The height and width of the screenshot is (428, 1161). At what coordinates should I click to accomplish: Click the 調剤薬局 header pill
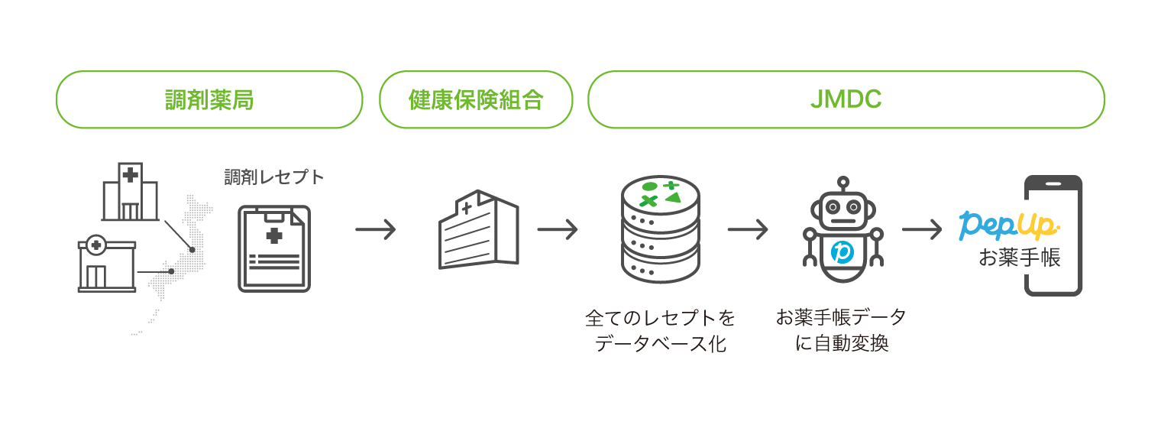(x=209, y=99)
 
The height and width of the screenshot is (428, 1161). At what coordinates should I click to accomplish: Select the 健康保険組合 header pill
(x=475, y=99)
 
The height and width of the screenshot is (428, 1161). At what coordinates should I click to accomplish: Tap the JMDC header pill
(x=846, y=99)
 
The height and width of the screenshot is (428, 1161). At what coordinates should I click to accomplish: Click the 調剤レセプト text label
(x=273, y=177)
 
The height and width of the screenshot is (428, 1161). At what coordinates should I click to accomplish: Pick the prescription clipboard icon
(x=274, y=248)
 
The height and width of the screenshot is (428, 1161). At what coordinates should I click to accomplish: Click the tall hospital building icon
(x=130, y=191)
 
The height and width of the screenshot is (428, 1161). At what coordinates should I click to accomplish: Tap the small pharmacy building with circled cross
(x=107, y=264)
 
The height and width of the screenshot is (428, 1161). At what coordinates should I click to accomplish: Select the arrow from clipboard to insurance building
(x=375, y=229)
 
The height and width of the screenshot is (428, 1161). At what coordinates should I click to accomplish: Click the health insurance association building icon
(x=477, y=229)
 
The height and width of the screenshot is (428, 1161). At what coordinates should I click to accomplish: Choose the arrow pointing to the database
(x=557, y=229)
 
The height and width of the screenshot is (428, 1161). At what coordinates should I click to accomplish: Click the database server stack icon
(x=660, y=229)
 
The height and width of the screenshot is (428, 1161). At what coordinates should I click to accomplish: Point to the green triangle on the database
(x=672, y=198)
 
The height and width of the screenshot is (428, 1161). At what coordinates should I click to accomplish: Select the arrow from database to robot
(x=747, y=229)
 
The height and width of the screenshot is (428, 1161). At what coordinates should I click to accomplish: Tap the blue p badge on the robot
(x=842, y=251)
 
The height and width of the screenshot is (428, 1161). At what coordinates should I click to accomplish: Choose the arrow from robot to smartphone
(x=922, y=229)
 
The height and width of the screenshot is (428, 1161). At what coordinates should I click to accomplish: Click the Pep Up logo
(x=1010, y=224)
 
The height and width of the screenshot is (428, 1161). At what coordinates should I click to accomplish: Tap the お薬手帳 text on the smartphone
(x=1020, y=258)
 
